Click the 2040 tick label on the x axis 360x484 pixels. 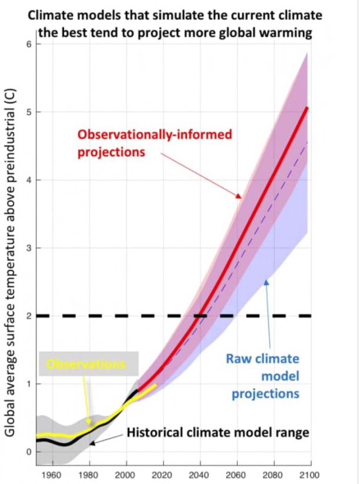point(200,475)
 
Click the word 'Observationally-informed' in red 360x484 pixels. point(155,134)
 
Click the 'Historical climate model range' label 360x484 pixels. point(218,433)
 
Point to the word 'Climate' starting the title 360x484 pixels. point(50,13)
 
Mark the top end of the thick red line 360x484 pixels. point(308,108)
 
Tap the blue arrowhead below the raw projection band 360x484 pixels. point(265,283)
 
